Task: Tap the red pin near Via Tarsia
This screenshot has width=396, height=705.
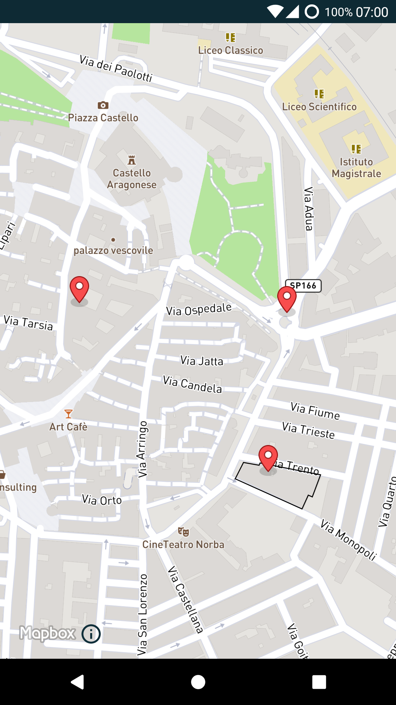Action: click(79, 289)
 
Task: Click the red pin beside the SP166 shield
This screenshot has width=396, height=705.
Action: click(287, 298)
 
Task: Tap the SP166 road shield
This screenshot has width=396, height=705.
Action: click(303, 286)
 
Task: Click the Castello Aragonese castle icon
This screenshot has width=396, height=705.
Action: click(132, 160)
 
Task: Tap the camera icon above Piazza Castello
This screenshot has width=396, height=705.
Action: click(103, 105)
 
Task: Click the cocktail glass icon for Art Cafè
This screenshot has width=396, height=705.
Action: click(69, 414)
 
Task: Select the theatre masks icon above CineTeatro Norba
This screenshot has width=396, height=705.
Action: click(183, 531)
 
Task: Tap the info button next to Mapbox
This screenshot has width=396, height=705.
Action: click(91, 634)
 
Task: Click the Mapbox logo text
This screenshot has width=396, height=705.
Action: click(47, 633)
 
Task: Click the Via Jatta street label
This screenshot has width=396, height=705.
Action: click(202, 361)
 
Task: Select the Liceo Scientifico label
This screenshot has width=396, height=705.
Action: click(319, 107)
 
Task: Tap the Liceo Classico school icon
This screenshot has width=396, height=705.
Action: click(230, 37)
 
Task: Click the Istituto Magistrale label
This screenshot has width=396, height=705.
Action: click(356, 168)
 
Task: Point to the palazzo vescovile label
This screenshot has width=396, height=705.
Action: click(113, 250)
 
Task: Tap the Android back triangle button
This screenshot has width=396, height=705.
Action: click(78, 682)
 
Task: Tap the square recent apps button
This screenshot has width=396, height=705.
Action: click(319, 682)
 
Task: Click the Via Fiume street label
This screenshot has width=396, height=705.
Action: click(315, 411)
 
